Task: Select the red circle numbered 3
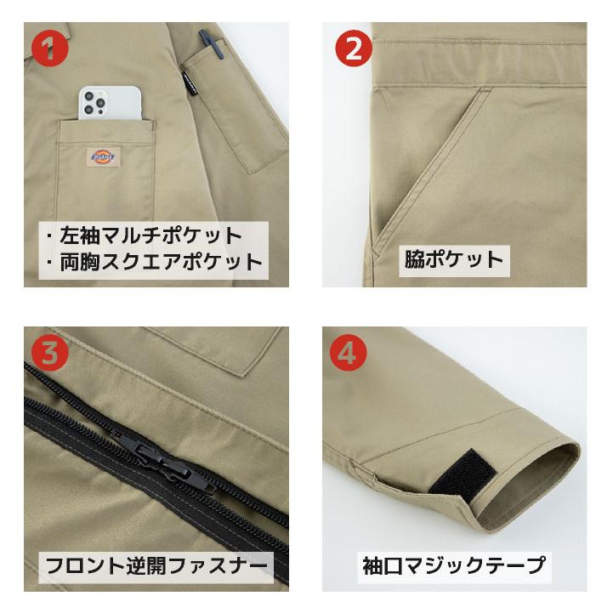pos(52,353)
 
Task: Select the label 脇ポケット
pos(454,258)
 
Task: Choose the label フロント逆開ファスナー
pos(157,565)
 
